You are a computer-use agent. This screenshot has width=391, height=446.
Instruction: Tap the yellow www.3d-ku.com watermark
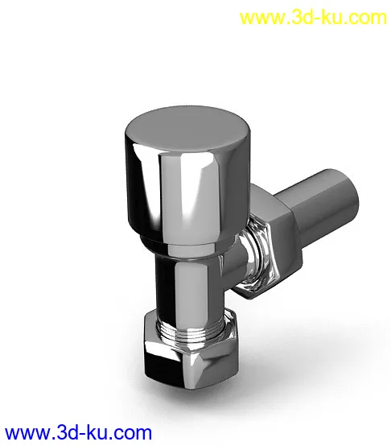tap(313, 18)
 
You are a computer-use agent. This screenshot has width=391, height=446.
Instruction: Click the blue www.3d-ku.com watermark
tap(78, 433)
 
